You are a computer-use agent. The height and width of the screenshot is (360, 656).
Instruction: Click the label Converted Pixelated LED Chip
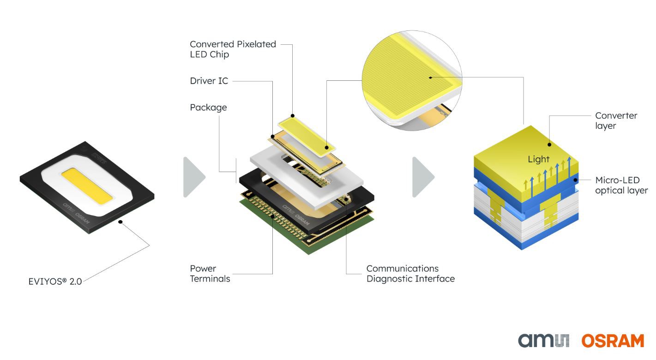pyautogui.click(x=233, y=49)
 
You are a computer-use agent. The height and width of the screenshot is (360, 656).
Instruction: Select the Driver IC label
pyautogui.click(x=209, y=81)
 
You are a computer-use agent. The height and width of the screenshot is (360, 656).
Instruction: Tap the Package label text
pyautogui.click(x=208, y=108)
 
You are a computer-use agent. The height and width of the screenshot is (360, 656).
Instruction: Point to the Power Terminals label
pyautogui.click(x=210, y=273)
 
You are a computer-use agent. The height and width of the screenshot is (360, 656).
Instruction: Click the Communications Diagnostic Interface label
pyautogui.click(x=410, y=273)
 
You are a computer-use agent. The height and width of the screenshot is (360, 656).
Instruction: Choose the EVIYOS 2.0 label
pyautogui.click(x=55, y=281)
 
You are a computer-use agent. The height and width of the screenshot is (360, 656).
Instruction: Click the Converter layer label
pyautogui.click(x=616, y=120)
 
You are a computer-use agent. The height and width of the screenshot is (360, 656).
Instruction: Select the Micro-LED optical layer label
pyautogui.click(x=621, y=185)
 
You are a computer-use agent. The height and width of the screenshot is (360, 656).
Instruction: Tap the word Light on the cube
pyautogui.click(x=539, y=159)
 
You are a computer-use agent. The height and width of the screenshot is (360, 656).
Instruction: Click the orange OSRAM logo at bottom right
pyautogui.click(x=612, y=341)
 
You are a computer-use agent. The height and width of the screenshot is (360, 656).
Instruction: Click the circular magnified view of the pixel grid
pyautogui.click(x=413, y=78)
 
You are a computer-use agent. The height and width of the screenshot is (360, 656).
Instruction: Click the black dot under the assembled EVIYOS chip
pyautogui.click(x=121, y=222)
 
